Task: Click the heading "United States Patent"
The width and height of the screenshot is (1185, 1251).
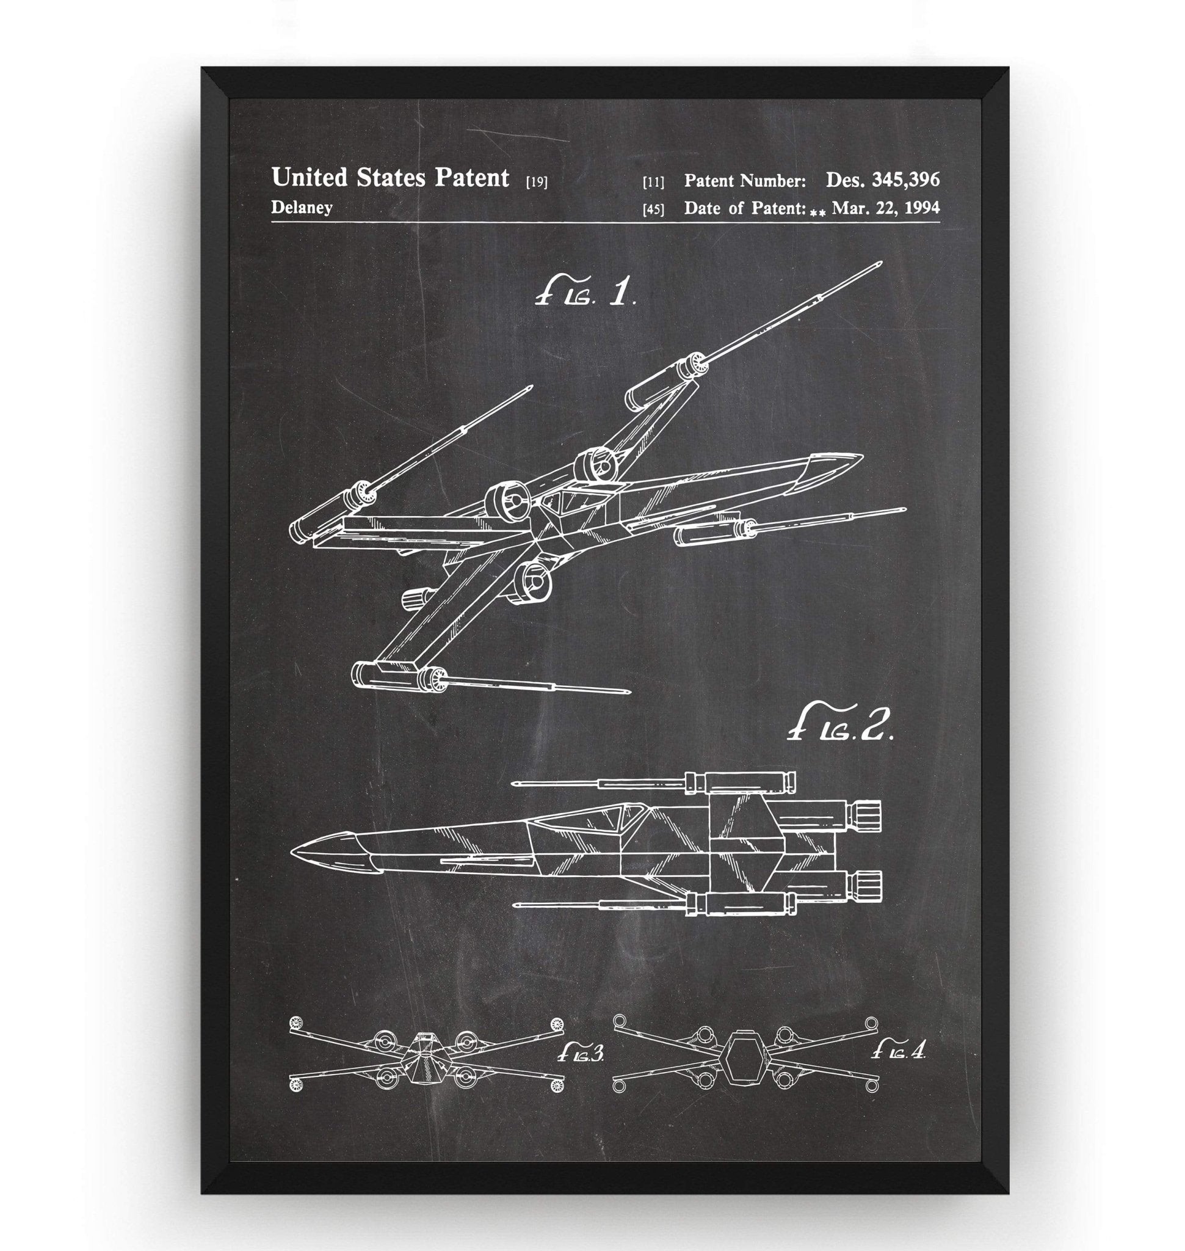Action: pyautogui.click(x=390, y=178)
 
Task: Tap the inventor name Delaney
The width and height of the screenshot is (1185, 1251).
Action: pyautogui.click(x=302, y=207)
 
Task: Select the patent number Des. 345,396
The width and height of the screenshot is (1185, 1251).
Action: pyautogui.click(x=882, y=180)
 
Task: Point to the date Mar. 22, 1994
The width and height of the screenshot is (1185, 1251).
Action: pyautogui.click(x=886, y=207)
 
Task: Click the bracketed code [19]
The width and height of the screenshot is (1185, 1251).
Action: pyautogui.click(x=536, y=183)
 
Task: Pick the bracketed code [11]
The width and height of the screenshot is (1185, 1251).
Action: pyautogui.click(x=653, y=183)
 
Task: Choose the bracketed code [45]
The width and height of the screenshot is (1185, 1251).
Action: pyautogui.click(x=653, y=210)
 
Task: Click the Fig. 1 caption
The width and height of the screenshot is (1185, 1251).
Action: pyautogui.click(x=584, y=293)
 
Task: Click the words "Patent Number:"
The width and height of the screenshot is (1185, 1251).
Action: pyautogui.click(x=745, y=181)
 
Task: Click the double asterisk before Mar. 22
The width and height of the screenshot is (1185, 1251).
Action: pyautogui.click(x=818, y=213)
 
